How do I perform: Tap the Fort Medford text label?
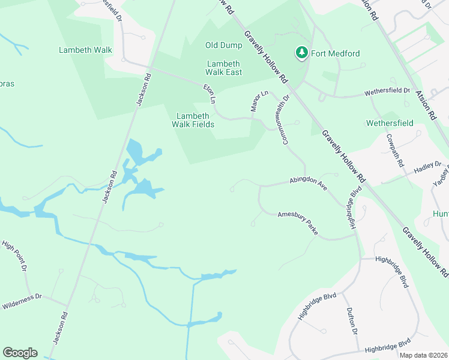coord(335,53)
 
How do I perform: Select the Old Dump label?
coord(223,45)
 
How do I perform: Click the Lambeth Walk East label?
coord(224,68)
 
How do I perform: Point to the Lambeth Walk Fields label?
coord(193,120)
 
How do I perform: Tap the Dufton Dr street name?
coord(351,321)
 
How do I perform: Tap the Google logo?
coord(20,353)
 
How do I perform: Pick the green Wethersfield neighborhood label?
coord(390,123)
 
